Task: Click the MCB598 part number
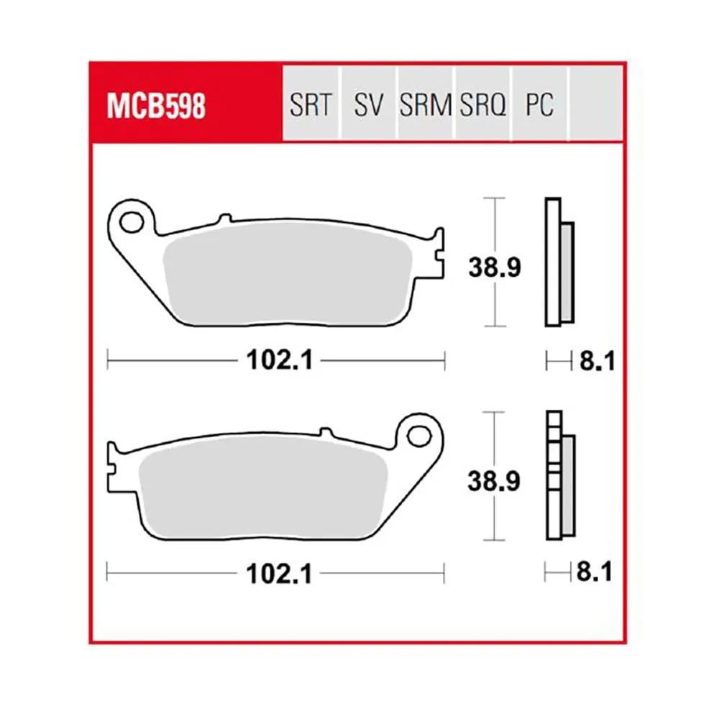click(156, 106)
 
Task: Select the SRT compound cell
click(311, 103)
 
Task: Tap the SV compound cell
click(369, 103)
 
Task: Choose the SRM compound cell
click(426, 103)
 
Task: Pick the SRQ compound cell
click(482, 103)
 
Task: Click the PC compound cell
click(540, 103)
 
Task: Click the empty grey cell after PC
click(596, 103)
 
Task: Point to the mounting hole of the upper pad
click(132, 222)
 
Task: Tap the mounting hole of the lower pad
click(419, 436)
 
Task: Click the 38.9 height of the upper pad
click(495, 267)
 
